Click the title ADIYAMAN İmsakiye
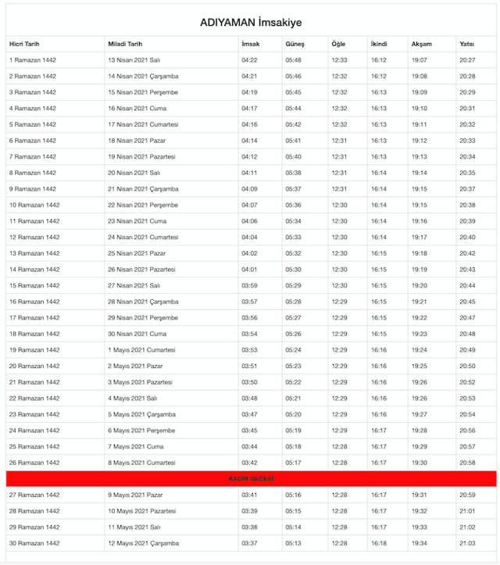click(x=250, y=23)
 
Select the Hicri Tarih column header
click(x=24, y=44)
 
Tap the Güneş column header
click(x=295, y=44)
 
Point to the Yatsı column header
click(x=467, y=44)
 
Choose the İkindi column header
click(x=379, y=44)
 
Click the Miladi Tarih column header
click(x=125, y=44)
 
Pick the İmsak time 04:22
click(x=250, y=60)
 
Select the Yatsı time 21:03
click(x=467, y=543)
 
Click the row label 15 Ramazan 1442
click(x=34, y=285)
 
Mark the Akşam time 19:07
click(x=419, y=60)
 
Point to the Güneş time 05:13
click(x=293, y=543)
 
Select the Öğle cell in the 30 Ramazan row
click(x=339, y=543)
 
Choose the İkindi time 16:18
click(x=379, y=543)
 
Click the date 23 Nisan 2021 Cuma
click(x=137, y=221)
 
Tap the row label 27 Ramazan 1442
click(x=34, y=495)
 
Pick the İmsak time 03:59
click(x=250, y=285)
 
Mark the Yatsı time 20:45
click(x=467, y=302)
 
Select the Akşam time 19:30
click(x=419, y=463)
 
